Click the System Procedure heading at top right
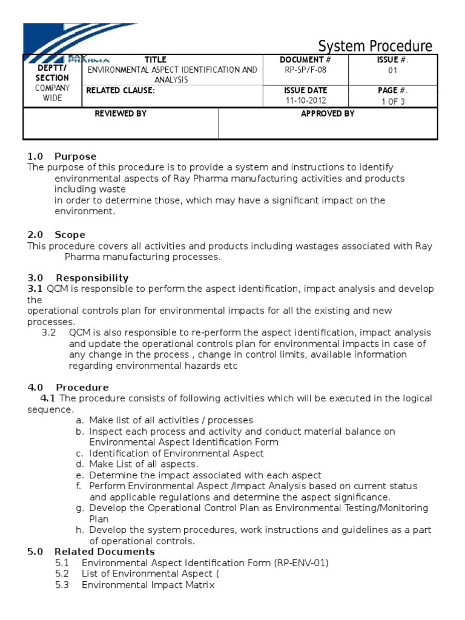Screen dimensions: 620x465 (375, 47)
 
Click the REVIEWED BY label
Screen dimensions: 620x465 (120, 114)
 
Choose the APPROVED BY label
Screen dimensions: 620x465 (328, 114)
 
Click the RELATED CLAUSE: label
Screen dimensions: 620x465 (120, 91)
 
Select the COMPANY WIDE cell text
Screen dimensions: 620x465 (52, 93)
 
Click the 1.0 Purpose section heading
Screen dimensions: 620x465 (62, 157)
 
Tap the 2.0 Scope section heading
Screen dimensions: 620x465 (56, 235)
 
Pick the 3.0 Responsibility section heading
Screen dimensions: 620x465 (78, 278)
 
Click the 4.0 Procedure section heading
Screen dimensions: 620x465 (68, 387)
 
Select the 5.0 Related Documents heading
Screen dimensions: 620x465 (91, 552)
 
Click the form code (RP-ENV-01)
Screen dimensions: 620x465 (301, 563)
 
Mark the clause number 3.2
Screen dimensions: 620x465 (48, 333)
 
